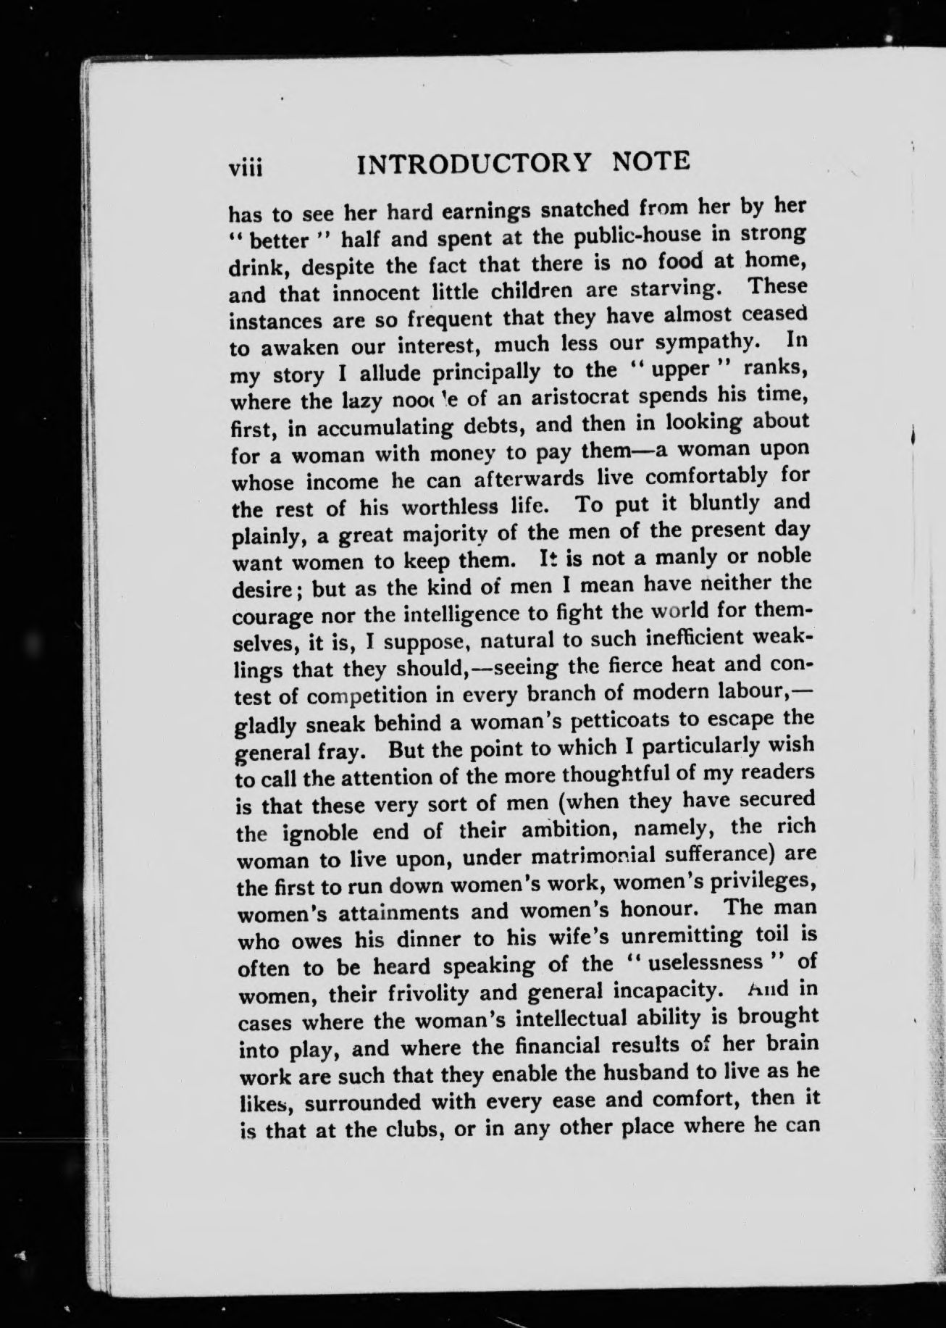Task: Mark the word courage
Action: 272,617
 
